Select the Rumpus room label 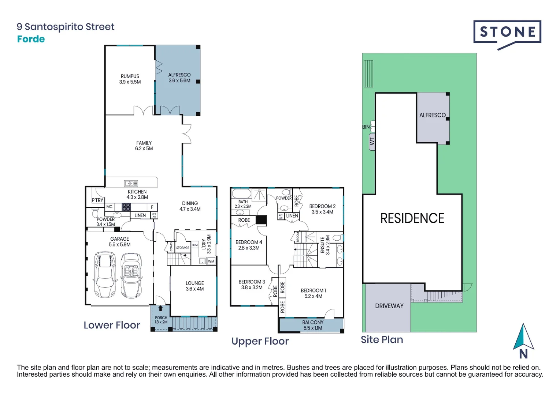pyautogui.click(x=130, y=76)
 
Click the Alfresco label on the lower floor pyautogui.click(x=179, y=75)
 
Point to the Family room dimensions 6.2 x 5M pyautogui.click(x=144, y=149)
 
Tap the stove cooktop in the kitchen pyautogui.click(x=126, y=207)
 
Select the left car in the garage pyautogui.click(x=105, y=274)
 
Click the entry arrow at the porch pyautogui.click(x=160, y=308)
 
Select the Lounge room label pyautogui.click(x=194, y=283)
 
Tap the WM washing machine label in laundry pyautogui.click(x=211, y=262)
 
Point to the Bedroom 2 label pyautogui.click(x=322, y=206)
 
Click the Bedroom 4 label pyautogui.click(x=249, y=242)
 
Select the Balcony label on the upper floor pyautogui.click(x=313, y=322)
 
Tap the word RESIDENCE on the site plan pyautogui.click(x=412, y=218)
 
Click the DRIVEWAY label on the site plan pyautogui.click(x=389, y=306)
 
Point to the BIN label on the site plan pyautogui.click(x=366, y=127)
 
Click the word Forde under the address pyautogui.click(x=31, y=39)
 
